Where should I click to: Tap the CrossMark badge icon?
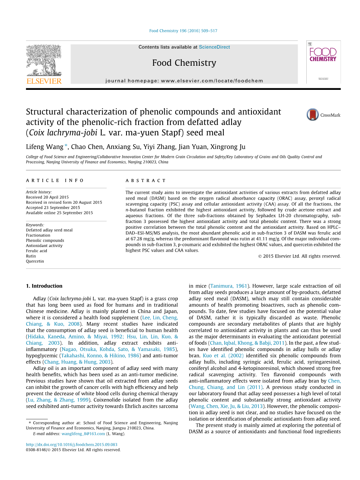pyautogui.click(x=313, y=115)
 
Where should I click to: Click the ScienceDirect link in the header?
pyautogui.click(x=214, y=47)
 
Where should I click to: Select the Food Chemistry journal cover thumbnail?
pyautogui.click(x=323, y=62)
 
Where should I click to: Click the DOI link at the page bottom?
pyautogui.click(x=72, y=445)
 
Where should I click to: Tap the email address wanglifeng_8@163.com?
pyautogui.click(x=83, y=434)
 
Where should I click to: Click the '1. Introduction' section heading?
pyautogui.click(x=44, y=286)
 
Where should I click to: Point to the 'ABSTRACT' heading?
pyautogui.click(x=146, y=180)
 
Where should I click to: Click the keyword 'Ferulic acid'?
pyautogui.click(x=37, y=251)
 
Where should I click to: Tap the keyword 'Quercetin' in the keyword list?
pyautogui.click(x=35, y=261)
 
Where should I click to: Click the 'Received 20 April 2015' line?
pyautogui.click(x=47, y=197)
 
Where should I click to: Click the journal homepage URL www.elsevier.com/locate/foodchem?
pyautogui.click(x=212, y=81)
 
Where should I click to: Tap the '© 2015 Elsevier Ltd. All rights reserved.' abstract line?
pyautogui.click(x=299, y=256)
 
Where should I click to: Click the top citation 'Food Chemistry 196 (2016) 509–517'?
pyautogui.click(x=183, y=31)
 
